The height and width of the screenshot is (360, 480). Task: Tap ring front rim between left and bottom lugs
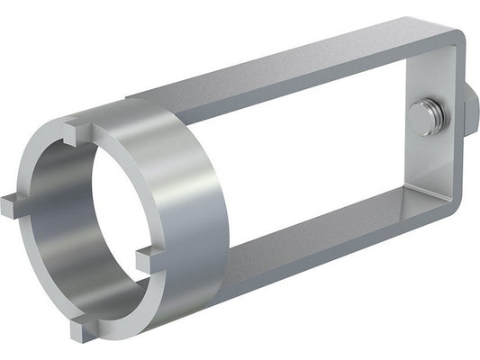(32, 270)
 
